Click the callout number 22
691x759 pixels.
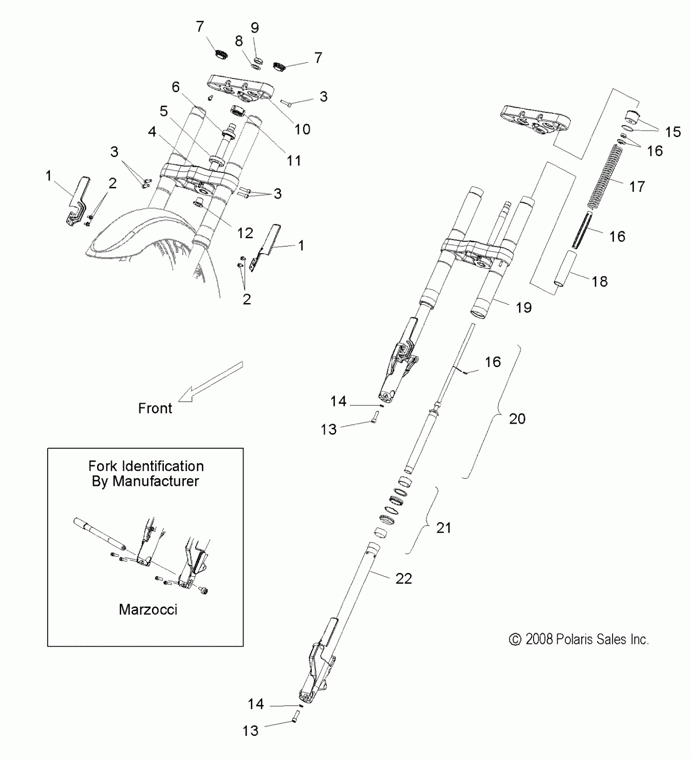404,579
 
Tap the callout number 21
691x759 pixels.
443,528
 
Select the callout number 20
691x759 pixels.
517,419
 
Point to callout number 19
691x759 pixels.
524,308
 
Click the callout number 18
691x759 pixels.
600,281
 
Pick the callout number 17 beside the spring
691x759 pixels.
637,186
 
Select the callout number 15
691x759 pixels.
673,132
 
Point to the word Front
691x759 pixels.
155,408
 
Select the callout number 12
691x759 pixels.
245,233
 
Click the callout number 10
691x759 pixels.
302,129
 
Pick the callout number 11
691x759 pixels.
293,160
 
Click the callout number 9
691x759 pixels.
254,28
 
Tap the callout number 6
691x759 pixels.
176,87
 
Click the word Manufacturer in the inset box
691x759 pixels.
156,481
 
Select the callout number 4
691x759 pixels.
152,132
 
